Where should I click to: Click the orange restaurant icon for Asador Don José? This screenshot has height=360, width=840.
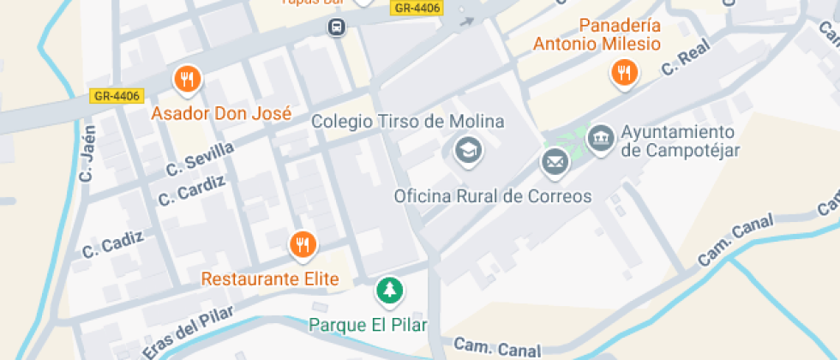pos(187,80)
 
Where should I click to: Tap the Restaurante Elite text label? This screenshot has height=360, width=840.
pos(270,279)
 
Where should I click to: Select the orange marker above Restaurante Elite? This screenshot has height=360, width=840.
pos(303,245)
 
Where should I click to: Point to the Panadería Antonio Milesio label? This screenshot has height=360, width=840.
pos(597,34)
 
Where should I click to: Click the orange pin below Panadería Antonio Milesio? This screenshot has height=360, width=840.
pos(625,73)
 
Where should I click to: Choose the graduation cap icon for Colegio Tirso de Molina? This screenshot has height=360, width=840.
pos(467,150)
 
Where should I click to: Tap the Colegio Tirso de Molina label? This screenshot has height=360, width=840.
pos(407,121)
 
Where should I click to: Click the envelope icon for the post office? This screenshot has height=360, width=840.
pos(554,160)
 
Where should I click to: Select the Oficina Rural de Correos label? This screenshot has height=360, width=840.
pos(492,196)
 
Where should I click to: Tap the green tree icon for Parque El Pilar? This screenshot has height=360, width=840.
pos(390,290)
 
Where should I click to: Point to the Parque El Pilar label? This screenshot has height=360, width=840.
pos(368,325)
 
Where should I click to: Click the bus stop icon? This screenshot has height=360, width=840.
pos(338,28)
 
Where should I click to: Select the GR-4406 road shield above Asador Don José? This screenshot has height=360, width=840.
pos(117,96)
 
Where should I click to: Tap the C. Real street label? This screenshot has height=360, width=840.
pos(687,60)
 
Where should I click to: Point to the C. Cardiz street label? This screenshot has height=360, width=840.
pos(192,191)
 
